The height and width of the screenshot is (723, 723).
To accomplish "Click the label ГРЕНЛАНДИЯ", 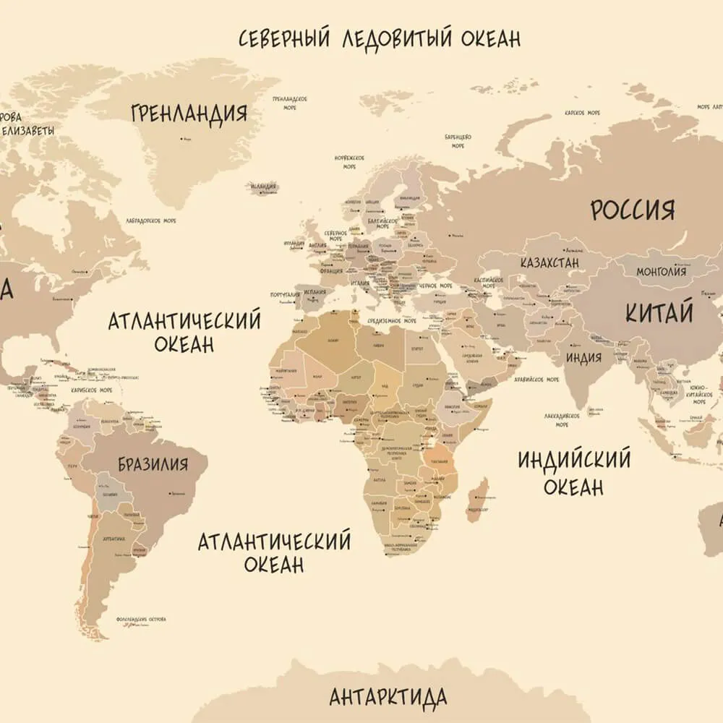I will tap(189, 114).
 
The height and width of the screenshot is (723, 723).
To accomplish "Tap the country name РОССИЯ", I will tap(633, 210).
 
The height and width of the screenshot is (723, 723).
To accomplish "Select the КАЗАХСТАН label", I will tap(549, 262).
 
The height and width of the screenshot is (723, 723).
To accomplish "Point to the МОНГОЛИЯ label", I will tap(661, 272).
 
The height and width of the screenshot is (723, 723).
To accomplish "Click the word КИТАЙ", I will tap(659, 313).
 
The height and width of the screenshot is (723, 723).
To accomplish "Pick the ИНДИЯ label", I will tap(583, 358).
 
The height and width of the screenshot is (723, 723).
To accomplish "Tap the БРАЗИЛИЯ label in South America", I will tap(153, 463).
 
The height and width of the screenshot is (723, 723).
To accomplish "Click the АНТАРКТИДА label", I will tap(388, 698).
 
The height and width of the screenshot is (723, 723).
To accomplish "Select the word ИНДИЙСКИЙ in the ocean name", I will tap(574, 460).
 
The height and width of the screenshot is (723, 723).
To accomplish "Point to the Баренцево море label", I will tap(458, 140).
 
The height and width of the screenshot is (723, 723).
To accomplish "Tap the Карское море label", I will tap(583, 114).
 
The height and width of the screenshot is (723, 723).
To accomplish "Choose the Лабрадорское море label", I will tap(150, 221).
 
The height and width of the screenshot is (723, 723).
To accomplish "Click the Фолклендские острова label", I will tap(142, 620).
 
